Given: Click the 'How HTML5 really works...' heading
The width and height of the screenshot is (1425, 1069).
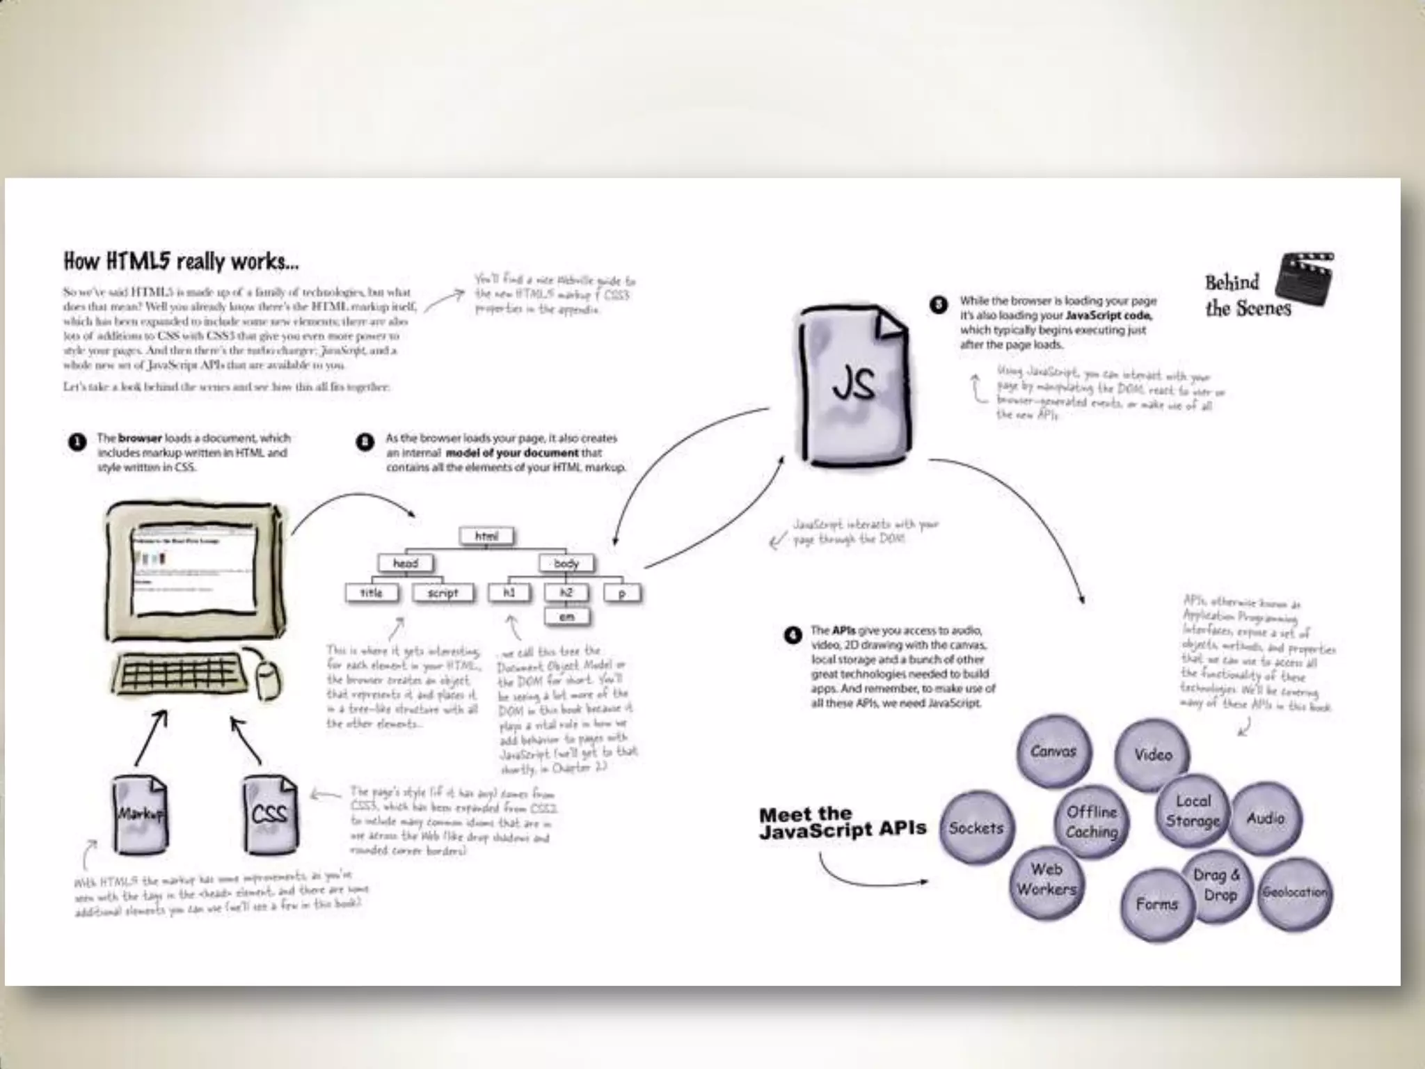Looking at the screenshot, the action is [181, 262].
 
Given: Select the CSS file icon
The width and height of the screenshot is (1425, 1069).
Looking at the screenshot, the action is [270, 814].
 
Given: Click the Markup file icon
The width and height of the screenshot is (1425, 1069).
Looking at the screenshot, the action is [141, 814].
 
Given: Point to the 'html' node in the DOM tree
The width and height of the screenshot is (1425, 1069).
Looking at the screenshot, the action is [487, 536].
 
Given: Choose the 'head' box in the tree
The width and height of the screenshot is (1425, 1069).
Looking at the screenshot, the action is [406, 563].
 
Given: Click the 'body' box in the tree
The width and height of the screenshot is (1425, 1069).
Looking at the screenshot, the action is [566, 563].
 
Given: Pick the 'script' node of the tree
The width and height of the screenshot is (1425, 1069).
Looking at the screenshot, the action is [443, 593].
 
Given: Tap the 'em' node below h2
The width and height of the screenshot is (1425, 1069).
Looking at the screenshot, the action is [567, 617].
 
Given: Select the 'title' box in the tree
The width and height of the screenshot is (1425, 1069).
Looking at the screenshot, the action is [372, 593].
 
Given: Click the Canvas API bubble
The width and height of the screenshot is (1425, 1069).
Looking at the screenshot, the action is [1053, 752].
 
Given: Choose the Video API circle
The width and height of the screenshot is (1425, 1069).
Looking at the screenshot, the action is [1153, 755].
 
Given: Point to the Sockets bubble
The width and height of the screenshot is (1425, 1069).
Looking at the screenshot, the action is [976, 828].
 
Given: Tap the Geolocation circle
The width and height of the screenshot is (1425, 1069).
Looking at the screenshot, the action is [1294, 893].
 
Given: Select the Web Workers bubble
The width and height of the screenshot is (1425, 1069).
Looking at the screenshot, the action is [1046, 880].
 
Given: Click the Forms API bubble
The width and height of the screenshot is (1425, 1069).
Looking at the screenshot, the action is [1156, 904].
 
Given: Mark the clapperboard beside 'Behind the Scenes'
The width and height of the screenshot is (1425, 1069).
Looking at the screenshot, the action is [1305, 284].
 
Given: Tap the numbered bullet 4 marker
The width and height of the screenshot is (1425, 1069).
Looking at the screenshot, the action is [793, 635].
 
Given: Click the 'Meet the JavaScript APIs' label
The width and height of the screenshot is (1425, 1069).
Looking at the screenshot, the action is [842, 823].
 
